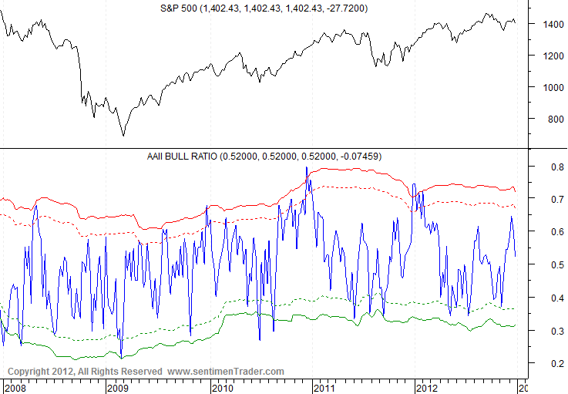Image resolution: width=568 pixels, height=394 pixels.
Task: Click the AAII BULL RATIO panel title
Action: tap(264, 157)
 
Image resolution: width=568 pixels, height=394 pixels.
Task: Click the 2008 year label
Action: tap(15, 386)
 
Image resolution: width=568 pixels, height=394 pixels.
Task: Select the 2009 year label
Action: tap(117, 386)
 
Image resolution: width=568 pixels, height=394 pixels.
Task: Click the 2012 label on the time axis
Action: tap(425, 386)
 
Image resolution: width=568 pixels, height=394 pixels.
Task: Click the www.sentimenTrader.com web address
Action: tap(226, 372)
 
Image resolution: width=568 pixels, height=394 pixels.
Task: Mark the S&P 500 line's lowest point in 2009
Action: tap(123, 136)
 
